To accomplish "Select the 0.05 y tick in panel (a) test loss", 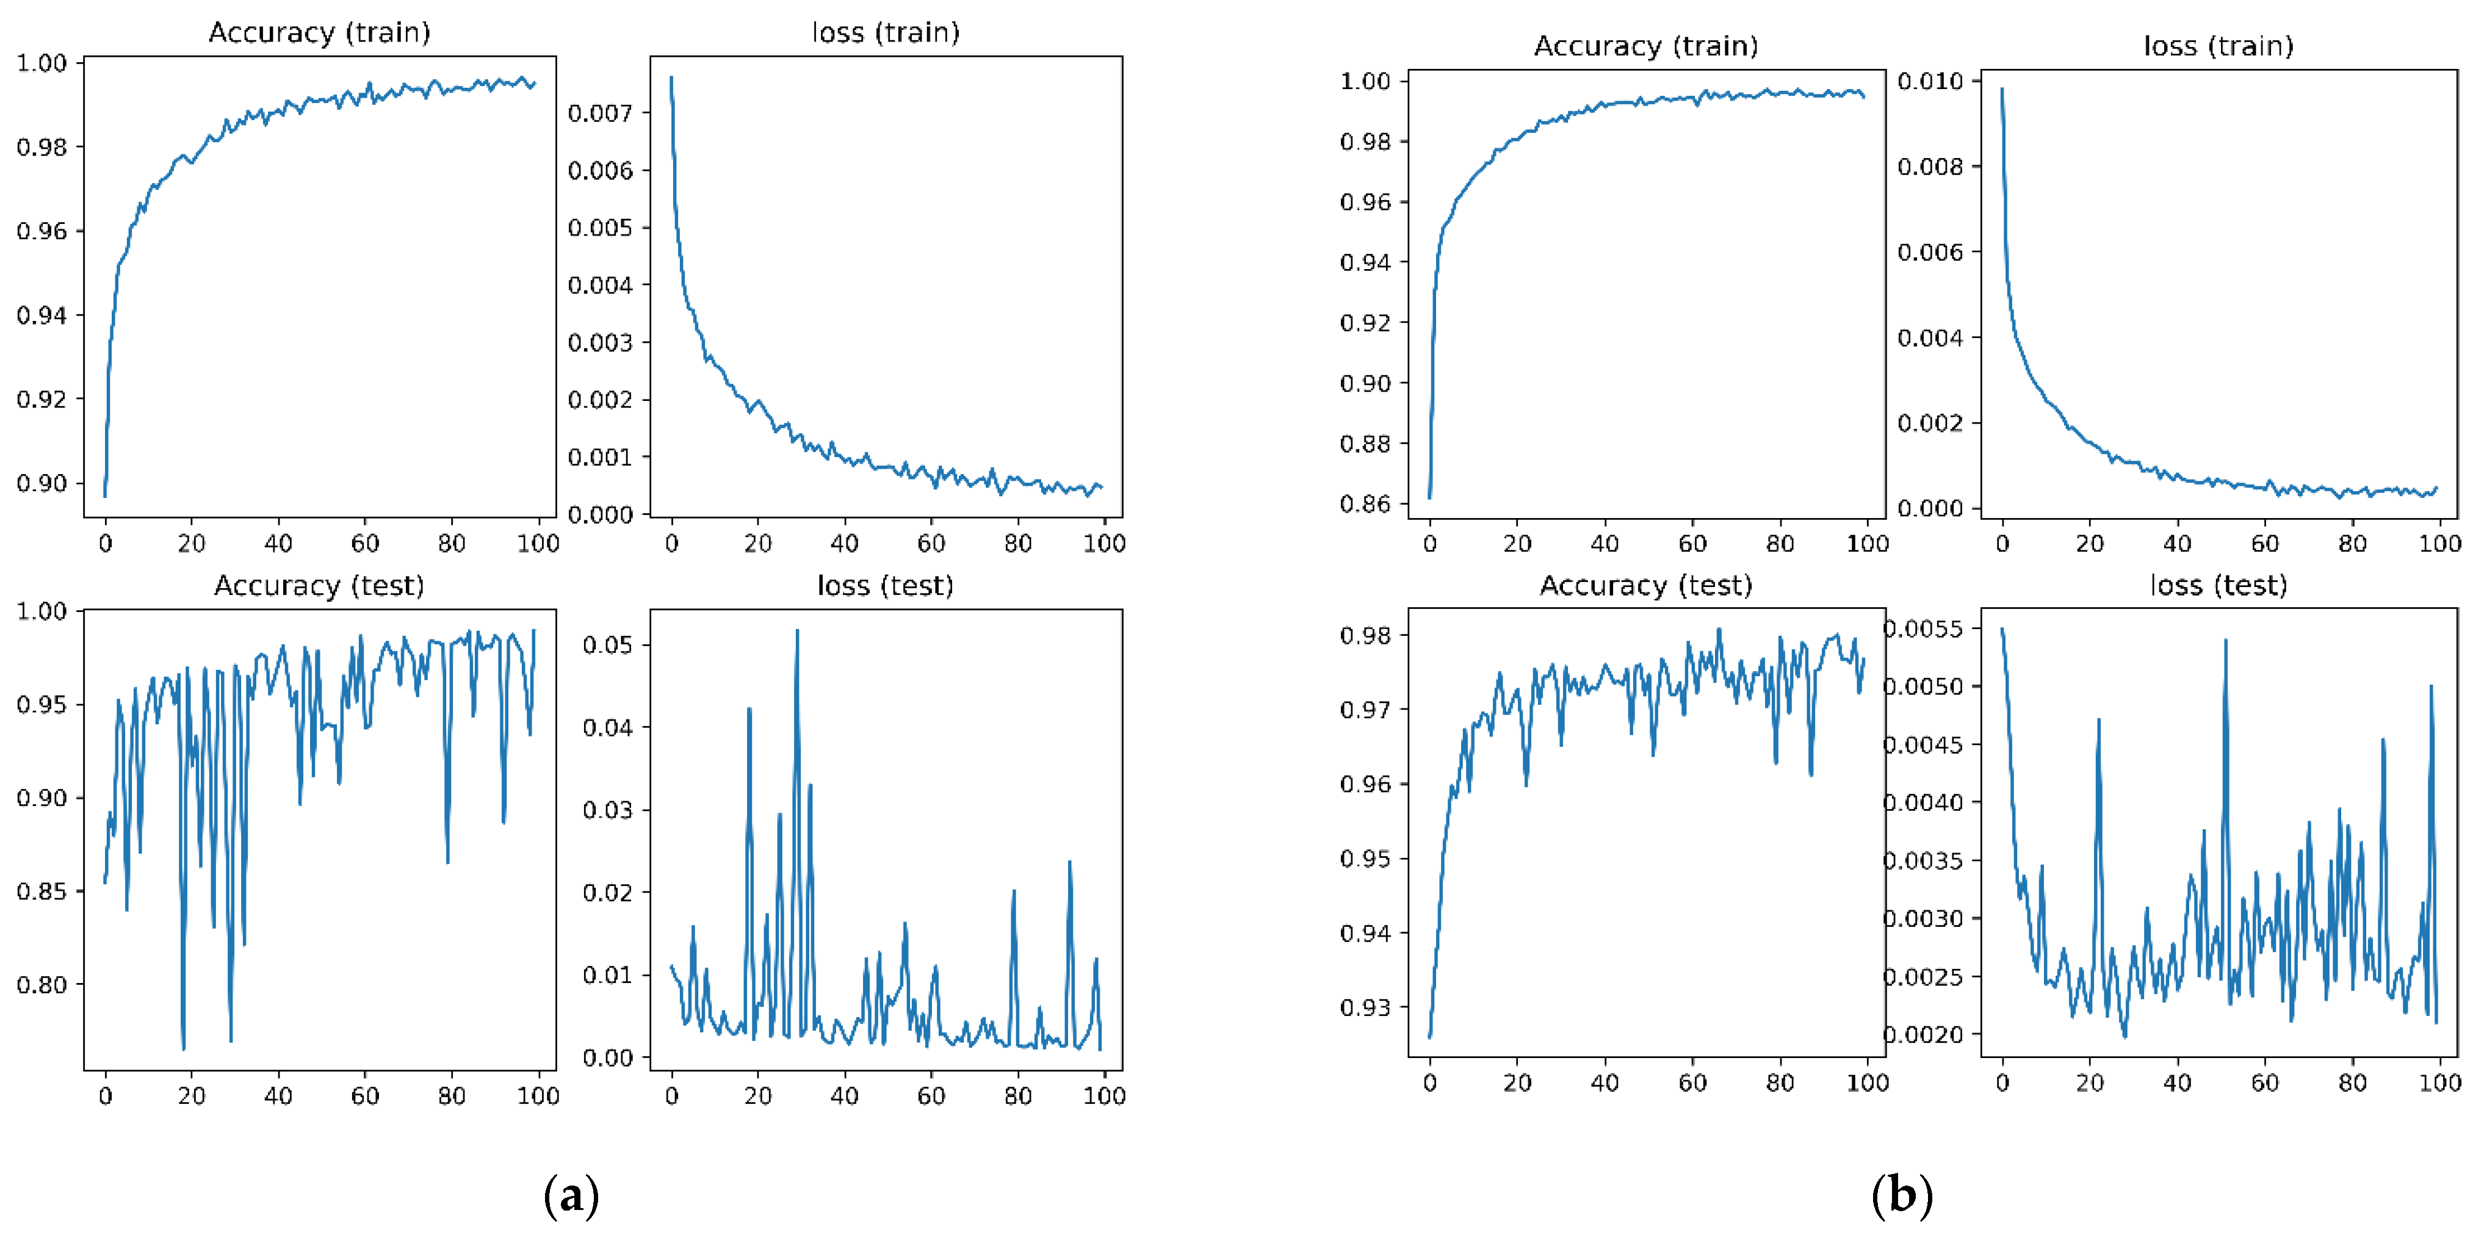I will [x=607, y=645].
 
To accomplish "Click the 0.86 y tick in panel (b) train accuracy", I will [x=1365, y=503].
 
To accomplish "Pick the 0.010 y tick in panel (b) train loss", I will [x=1930, y=81].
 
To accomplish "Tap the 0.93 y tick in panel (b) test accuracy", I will [x=1365, y=1007].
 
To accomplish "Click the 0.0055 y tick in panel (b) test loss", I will [x=1923, y=628].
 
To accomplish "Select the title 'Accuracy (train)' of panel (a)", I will [x=319, y=33].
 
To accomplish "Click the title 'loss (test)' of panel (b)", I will [x=2218, y=585].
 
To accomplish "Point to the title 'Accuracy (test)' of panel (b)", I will [x=1645, y=585].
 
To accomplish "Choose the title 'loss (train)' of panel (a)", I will [x=885, y=33].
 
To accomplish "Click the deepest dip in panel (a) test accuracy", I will [x=183, y=1048].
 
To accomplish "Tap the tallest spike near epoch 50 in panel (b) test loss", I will [x=2226, y=640].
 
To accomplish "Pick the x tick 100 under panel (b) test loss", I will [x=2439, y=1082].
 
